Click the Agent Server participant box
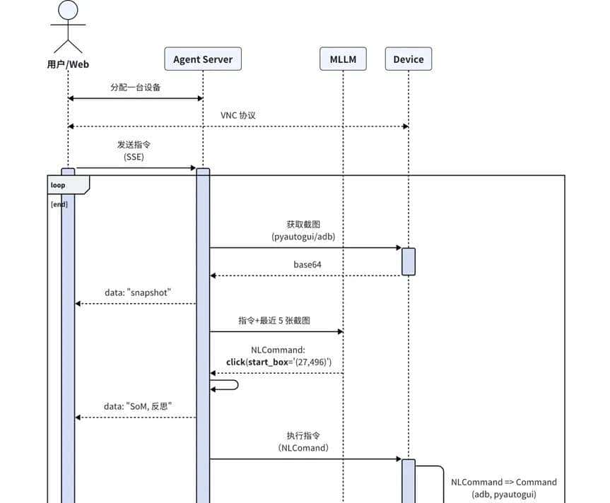[x=203, y=59]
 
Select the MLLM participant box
[x=343, y=59]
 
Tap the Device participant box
[x=408, y=59]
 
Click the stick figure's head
[x=68, y=11]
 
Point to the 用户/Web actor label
[x=68, y=65]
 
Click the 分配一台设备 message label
[x=136, y=88]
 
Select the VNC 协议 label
[x=238, y=115]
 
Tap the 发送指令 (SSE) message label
[x=134, y=150]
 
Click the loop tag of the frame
[x=59, y=185]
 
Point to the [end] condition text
[x=59, y=204]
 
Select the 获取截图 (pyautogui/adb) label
[x=303, y=231]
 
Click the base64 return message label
[x=307, y=265]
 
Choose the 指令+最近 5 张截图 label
[x=274, y=320]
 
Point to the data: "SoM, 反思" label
[x=138, y=406]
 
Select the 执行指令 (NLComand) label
[x=303, y=442]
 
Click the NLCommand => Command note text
[x=504, y=488]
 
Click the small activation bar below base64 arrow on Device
[x=409, y=261]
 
